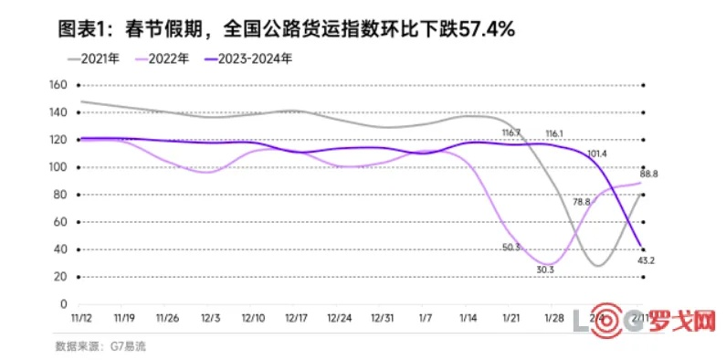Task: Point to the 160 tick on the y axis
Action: [x=58, y=85]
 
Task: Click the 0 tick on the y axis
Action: [x=64, y=304]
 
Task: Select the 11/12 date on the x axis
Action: [x=81, y=318]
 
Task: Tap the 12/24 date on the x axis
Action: [x=339, y=318]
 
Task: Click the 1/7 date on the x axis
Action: [x=426, y=318]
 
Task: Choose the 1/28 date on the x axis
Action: [x=554, y=318]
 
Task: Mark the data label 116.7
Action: [x=511, y=133]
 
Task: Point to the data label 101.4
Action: [x=598, y=154]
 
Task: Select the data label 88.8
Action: [x=649, y=174]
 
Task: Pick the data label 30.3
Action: [x=547, y=269]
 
